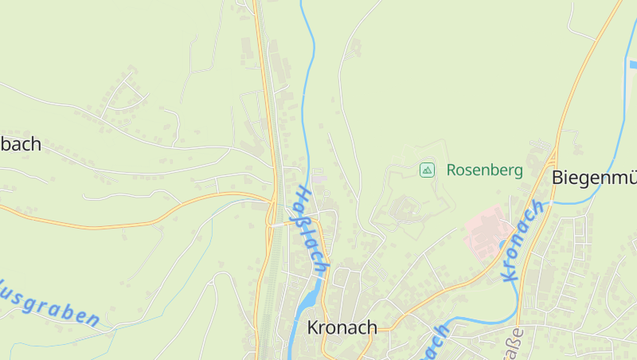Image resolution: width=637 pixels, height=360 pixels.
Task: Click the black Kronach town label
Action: (342, 327)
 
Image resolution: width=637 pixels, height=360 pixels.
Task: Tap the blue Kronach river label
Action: (522, 241)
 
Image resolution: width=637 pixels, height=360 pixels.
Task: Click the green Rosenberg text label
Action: (484, 170)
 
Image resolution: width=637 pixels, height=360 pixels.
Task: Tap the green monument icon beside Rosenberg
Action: (428, 170)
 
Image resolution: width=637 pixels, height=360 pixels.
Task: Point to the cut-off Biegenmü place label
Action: (594, 178)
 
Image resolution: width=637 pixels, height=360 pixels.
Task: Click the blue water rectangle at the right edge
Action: (633, 64)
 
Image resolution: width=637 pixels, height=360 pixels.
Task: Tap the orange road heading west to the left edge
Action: (80, 223)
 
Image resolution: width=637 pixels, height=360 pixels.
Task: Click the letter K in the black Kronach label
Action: (313, 327)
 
